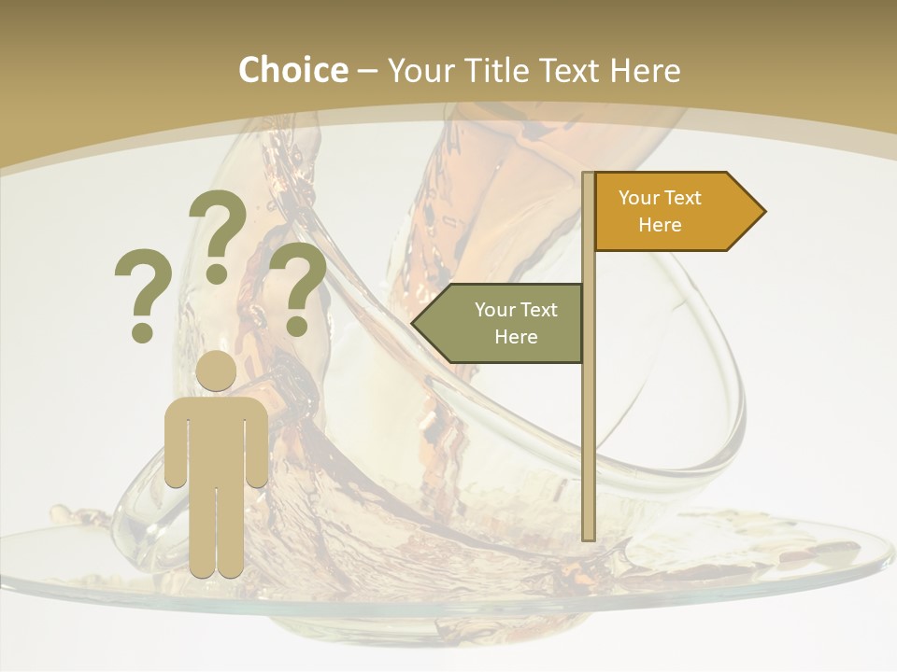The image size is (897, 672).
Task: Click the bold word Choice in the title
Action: pyautogui.click(x=292, y=70)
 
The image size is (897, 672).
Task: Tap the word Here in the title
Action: pyautogui.click(x=645, y=70)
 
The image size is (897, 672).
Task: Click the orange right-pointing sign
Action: pyautogui.click(x=673, y=211)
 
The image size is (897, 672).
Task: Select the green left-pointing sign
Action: pyautogui.click(x=505, y=323)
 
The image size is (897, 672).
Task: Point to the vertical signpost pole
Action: pyautogui.click(x=589, y=420)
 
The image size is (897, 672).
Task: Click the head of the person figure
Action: pyautogui.click(x=216, y=371)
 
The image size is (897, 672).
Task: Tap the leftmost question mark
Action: pyautogui.click(x=142, y=285)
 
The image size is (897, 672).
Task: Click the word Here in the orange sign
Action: pyautogui.click(x=660, y=225)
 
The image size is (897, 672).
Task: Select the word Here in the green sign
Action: pyautogui.click(x=516, y=337)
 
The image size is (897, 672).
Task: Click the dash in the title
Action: pyautogui.click(x=367, y=72)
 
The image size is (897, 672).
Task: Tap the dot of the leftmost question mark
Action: pyautogui.click(x=142, y=331)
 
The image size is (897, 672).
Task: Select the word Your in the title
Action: pyautogui.click(x=420, y=70)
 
